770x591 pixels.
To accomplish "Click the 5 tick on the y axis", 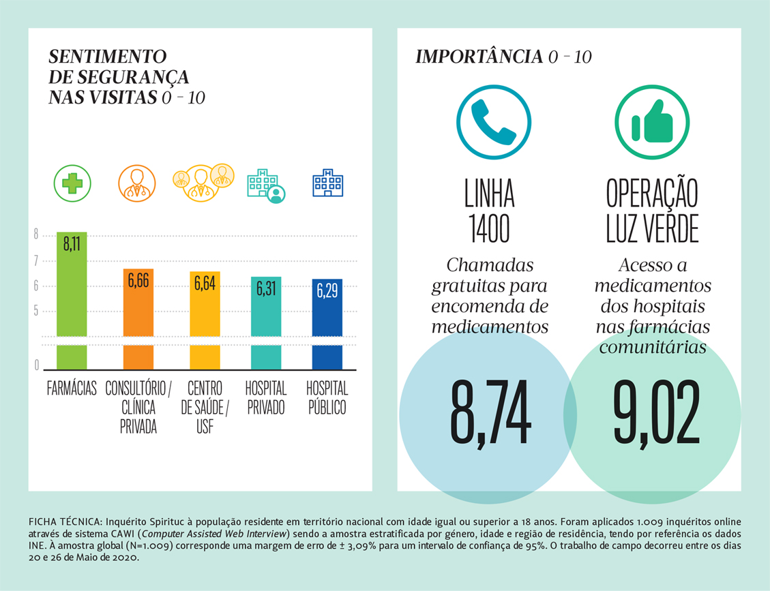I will pyautogui.click(x=36, y=312).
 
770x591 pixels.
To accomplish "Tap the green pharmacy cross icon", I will pyautogui.click(x=72, y=183).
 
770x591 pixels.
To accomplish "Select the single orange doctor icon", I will pyautogui.click(x=137, y=183).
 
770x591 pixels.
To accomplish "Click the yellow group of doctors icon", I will pyautogui.click(x=203, y=181).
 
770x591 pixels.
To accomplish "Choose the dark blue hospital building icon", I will pyautogui.click(x=327, y=182).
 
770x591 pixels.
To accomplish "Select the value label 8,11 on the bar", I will pyautogui.click(x=72, y=244).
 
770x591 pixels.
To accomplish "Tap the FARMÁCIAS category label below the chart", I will pyautogui.click(x=72, y=389).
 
